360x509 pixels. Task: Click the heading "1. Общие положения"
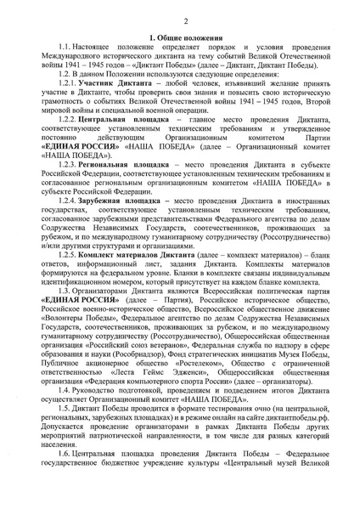point(180,38)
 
